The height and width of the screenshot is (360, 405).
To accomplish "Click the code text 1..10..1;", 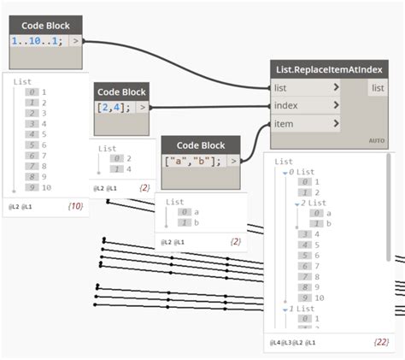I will click(36, 40).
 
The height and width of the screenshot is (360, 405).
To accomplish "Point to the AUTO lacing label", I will click(376, 140).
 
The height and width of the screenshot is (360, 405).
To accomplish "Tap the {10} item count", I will click(74, 207).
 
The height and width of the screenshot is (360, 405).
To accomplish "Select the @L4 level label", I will click(275, 342).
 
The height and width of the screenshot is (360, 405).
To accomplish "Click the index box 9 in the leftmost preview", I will click(31, 187).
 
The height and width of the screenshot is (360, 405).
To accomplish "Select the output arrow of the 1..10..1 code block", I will click(76, 40).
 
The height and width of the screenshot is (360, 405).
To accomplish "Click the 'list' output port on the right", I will click(377, 87).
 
